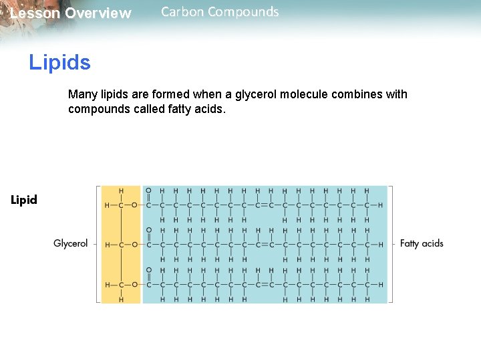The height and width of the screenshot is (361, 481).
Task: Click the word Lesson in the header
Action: pyautogui.click(x=34, y=13)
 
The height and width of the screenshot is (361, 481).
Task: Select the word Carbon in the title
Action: pyautogui.click(x=182, y=11)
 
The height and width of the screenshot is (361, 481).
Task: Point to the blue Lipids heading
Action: pyautogui.click(x=59, y=63)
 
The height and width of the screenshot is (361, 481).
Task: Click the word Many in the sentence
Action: pyautogui.click(x=82, y=94)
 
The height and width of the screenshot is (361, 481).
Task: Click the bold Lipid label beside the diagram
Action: pyautogui.click(x=24, y=200)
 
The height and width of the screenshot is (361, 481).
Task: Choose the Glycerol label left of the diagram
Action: pyautogui.click(x=71, y=243)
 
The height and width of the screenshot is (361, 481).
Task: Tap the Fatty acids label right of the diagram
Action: pyautogui.click(x=422, y=243)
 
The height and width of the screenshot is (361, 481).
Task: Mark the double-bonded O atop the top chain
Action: pyautogui.click(x=148, y=191)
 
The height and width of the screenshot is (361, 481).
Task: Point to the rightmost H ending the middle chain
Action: pyautogui.click(x=381, y=245)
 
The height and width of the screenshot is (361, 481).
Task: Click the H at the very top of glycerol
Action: pyautogui.click(x=121, y=191)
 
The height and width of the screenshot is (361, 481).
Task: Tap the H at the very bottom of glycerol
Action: pyautogui.click(x=121, y=299)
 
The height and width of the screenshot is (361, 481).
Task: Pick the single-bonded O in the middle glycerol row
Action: pyautogui.click(x=134, y=245)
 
